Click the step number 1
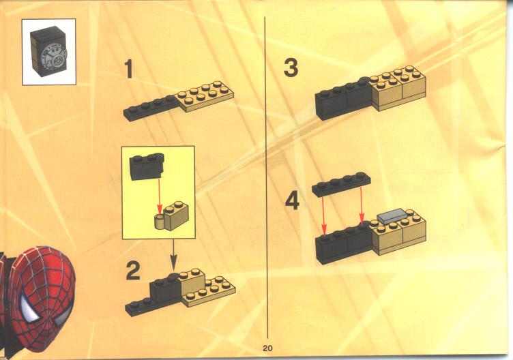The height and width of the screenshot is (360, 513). coord(129,69)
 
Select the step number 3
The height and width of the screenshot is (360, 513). coord(291,67)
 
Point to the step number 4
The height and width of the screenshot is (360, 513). coord(292,201)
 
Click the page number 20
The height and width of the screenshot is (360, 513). coord(267,348)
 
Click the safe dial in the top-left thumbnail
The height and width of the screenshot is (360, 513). coord(56,58)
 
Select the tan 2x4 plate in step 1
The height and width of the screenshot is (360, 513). coord(205,96)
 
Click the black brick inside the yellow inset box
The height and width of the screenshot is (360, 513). coord(147,166)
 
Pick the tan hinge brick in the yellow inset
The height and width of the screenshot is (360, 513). coord(172,216)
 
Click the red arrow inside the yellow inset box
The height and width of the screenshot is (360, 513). coord(160,196)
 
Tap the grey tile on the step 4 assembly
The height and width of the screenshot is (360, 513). coord(392,216)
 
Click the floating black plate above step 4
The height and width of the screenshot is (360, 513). coord(341,184)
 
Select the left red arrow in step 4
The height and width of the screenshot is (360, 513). coord(324,215)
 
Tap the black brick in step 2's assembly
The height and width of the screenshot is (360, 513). coord(165,289)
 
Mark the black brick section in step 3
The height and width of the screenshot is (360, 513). coord(344,98)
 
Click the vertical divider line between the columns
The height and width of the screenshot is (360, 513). coord(266,178)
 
